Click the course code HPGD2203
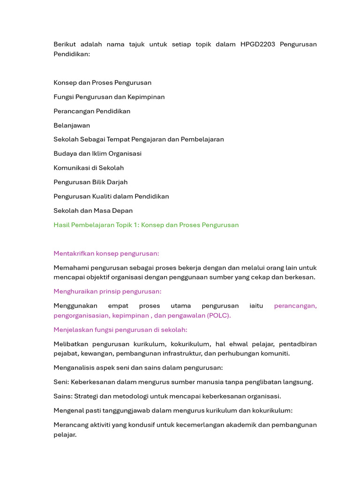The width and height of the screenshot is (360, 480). click(257, 45)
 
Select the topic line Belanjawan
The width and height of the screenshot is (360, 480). click(72, 125)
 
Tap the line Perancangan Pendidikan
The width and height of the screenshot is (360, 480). click(92, 111)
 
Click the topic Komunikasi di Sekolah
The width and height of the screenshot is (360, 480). click(89, 168)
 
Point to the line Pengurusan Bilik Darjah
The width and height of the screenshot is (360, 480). click(90, 182)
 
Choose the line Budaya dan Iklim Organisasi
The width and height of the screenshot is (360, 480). click(97, 154)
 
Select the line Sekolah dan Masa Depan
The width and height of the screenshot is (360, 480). click(93, 210)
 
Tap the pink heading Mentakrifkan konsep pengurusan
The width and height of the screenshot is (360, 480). click(106, 254)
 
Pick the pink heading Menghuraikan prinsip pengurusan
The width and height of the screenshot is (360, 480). click(107, 292)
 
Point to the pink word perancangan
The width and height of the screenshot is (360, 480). click(295, 306)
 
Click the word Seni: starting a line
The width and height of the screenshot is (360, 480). click(61, 382)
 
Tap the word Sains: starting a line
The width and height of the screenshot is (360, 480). click(63, 396)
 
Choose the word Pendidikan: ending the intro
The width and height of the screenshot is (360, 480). click(72, 54)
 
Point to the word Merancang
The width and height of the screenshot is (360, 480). click(70, 425)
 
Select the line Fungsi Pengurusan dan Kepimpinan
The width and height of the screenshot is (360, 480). click(109, 97)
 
